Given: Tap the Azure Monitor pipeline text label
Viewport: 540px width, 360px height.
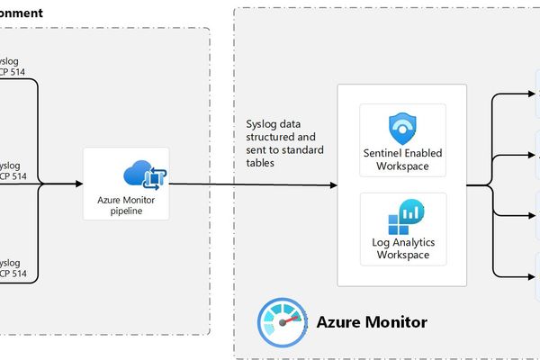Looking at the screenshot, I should click(x=126, y=205).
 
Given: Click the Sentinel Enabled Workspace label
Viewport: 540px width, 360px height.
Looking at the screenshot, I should click(x=402, y=159).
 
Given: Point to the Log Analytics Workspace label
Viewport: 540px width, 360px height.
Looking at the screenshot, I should click(x=402, y=248).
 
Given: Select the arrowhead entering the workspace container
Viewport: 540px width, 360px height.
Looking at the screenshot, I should click(x=333, y=184).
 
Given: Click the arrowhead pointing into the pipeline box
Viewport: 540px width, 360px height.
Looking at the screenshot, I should click(x=78, y=184).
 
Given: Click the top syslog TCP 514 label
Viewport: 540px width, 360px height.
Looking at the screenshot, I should click(x=12, y=66).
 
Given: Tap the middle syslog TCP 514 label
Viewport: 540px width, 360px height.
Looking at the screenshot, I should click(x=12, y=171).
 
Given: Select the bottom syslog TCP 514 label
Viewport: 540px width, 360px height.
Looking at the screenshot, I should click(x=12, y=266).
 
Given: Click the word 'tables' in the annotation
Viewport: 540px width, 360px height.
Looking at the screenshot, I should click(x=262, y=165).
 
